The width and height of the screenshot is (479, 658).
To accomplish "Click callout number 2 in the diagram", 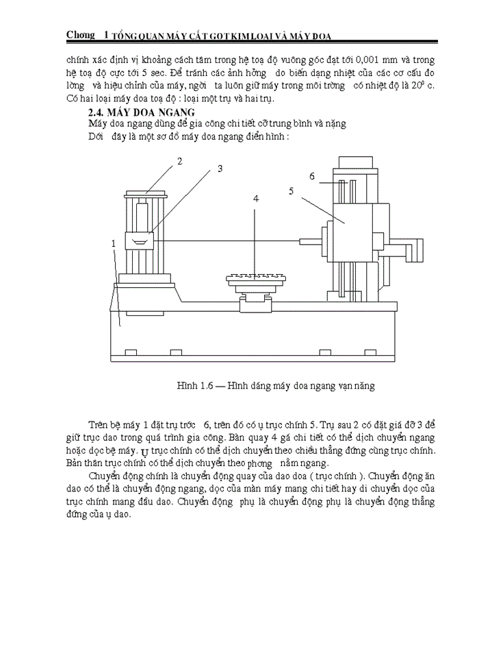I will click(x=179, y=162).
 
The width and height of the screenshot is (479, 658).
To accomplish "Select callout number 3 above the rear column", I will click(x=220, y=169).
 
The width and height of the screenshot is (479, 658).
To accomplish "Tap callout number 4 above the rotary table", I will click(x=256, y=198).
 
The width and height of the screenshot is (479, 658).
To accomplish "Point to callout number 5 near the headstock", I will click(x=291, y=191).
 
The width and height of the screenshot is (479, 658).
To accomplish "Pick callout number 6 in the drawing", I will click(x=311, y=176).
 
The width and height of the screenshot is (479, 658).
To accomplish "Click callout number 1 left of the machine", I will click(x=112, y=243).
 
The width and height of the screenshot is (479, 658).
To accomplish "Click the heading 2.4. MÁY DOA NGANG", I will click(x=142, y=112).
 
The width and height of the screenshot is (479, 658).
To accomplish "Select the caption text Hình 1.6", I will click(x=196, y=386).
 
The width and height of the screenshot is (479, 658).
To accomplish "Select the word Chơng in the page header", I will click(x=81, y=34).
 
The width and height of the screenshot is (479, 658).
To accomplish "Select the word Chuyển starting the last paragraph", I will click(x=112, y=476).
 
